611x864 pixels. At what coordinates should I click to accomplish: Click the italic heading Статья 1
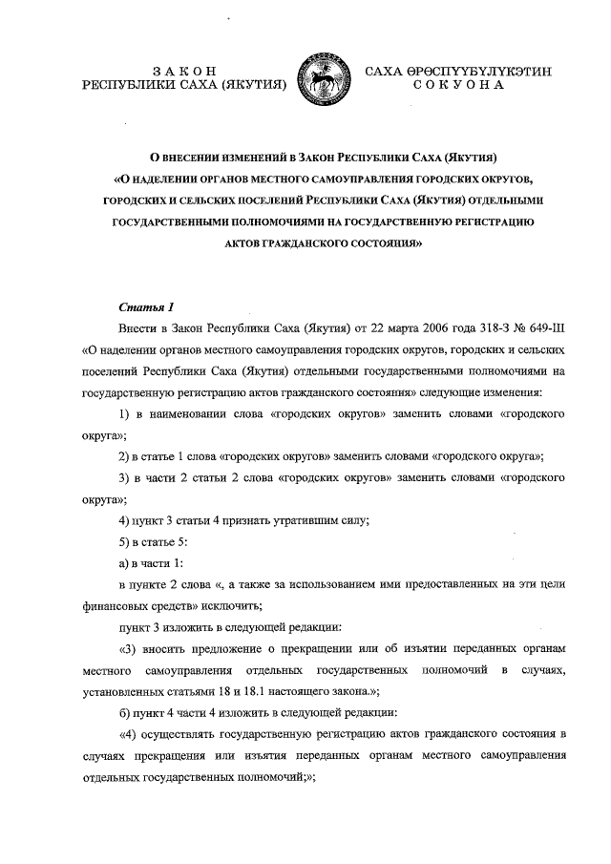click(x=145, y=307)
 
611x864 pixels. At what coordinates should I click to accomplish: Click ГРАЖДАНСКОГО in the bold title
click(x=313, y=243)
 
